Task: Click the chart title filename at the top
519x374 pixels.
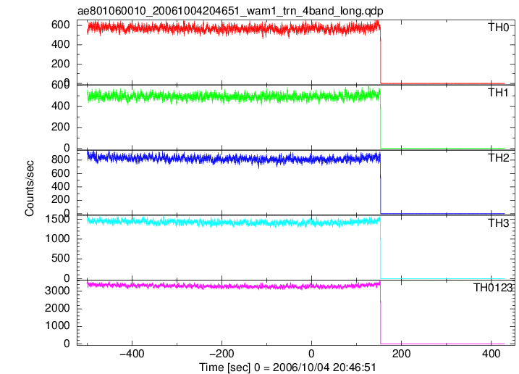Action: click(230, 11)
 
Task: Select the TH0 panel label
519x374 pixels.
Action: click(499, 28)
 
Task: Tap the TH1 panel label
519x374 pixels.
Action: click(499, 93)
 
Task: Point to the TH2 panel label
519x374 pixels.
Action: click(499, 158)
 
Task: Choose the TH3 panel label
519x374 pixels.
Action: click(499, 223)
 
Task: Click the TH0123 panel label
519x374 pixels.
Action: click(493, 288)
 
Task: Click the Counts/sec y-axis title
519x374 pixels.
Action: click(29, 188)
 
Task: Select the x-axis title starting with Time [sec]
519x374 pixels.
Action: click(287, 367)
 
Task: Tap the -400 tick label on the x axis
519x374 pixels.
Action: click(132, 354)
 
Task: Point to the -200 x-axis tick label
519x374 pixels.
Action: click(221, 354)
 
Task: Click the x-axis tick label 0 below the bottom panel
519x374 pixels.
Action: click(311, 354)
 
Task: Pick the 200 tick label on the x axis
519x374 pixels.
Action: click(402, 354)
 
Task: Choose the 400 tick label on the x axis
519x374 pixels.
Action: click(491, 354)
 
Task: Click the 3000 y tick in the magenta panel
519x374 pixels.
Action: click(57, 291)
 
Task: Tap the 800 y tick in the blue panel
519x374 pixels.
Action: click(61, 159)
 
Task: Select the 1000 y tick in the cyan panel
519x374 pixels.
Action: click(57, 238)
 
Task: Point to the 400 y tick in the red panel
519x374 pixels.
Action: click(61, 44)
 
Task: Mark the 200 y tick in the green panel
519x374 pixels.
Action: click(61, 127)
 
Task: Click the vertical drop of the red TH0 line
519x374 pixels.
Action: click(381, 54)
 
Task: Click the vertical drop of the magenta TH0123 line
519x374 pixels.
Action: click(381, 312)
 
